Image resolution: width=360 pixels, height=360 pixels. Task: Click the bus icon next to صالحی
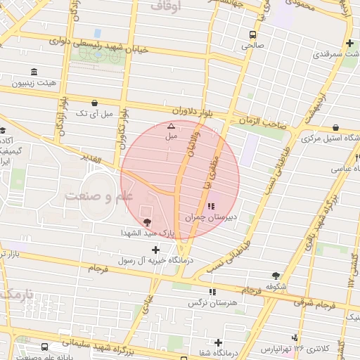coord(252,34)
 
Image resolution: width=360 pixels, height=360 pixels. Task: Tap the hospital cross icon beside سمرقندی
coord(349,44)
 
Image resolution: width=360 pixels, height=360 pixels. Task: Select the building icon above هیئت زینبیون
coord(34,72)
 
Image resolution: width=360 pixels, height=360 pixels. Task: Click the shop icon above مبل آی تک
coord(94,103)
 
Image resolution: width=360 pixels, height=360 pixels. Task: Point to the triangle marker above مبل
coord(170,126)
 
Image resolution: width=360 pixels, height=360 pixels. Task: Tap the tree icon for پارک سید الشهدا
coord(146,222)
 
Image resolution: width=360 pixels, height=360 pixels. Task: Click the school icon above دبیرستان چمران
coord(212,207)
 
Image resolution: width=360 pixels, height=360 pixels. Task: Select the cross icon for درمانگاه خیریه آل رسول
coord(155,249)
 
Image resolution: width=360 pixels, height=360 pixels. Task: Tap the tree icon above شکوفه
coord(275,276)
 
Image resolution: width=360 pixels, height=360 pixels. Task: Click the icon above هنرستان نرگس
coord(212,292)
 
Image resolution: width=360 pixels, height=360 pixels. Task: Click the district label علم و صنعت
coord(98,195)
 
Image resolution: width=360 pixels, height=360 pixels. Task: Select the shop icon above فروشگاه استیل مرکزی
coord(335,127)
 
